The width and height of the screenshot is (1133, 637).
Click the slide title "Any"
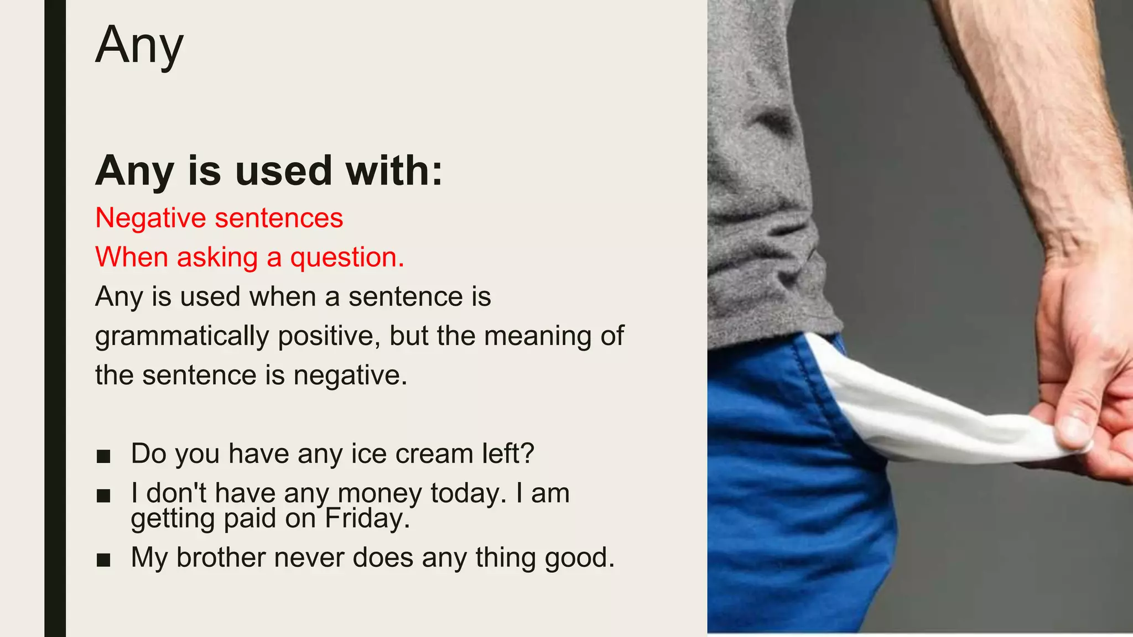pos(139,45)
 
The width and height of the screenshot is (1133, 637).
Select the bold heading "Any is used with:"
pos(269,170)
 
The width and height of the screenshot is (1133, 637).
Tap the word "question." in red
pos(347,258)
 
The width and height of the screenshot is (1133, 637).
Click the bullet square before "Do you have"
pos(103,456)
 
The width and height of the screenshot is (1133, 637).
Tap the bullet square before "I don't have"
pos(103,495)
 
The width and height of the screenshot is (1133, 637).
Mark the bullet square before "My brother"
pos(103,560)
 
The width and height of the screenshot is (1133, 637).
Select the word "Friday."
pos(367,519)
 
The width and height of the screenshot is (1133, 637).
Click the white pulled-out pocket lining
pos(929,415)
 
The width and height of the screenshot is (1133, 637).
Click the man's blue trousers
pos(786,498)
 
